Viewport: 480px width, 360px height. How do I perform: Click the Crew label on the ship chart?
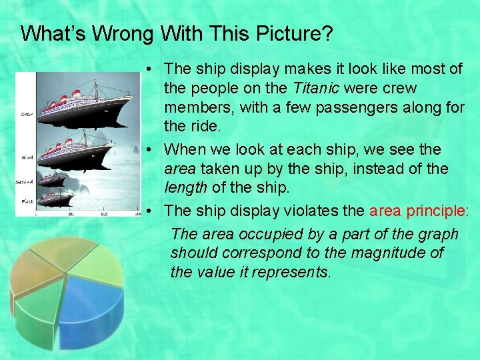[x=27, y=114]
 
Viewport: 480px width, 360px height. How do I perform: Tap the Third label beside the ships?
[x=28, y=157]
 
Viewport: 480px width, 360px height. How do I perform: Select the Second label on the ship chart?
[x=25, y=181]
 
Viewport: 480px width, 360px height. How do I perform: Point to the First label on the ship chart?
[x=27, y=201]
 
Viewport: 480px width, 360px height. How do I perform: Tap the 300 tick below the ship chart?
[x=71, y=214]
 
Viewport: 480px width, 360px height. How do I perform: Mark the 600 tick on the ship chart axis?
[x=104, y=214]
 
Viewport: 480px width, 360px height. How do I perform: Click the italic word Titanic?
[x=315, y=88]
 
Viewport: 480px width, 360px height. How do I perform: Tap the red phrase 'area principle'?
[x=417, y=211]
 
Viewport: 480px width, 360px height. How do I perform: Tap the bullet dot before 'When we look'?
[x=153, y=149]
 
